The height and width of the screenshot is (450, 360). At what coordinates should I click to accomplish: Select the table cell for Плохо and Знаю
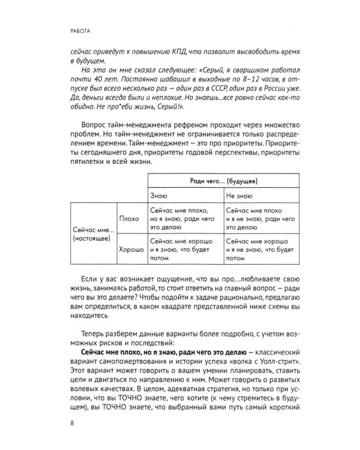point(182,219)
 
